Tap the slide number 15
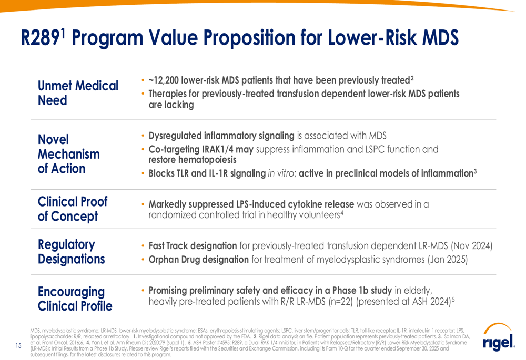[x=18, y=345]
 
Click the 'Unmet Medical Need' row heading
[x=78, y=92]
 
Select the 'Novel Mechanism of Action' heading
[x=69, y=154]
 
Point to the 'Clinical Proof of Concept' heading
[x=73, y=209]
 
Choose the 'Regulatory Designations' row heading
[x=71, y=252]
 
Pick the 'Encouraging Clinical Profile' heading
[x=75, y=299]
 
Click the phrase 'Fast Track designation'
[x=193, y=245]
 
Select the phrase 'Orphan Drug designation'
[x=198, y=259]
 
